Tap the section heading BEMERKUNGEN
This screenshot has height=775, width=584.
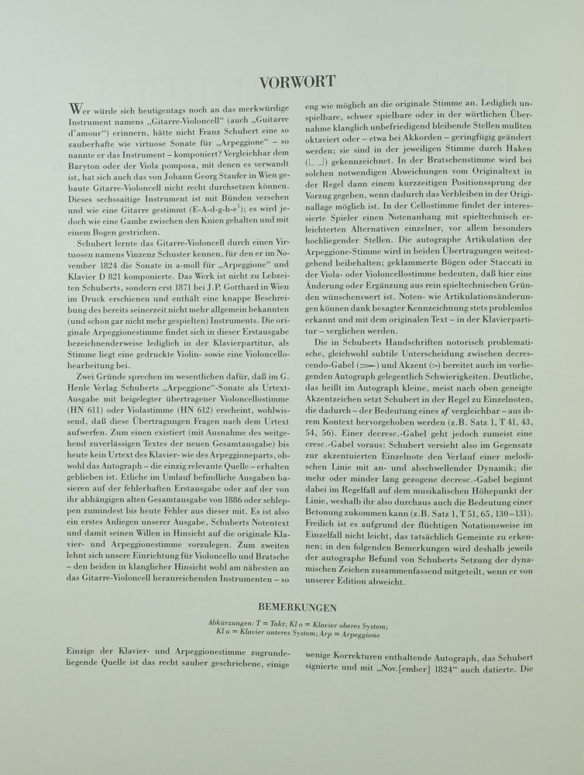click(x=292, y=605)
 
